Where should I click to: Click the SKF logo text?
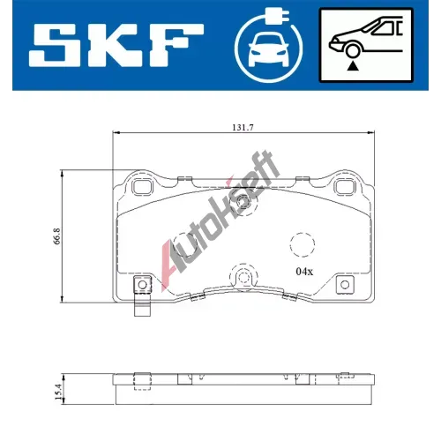(x=116, y=45)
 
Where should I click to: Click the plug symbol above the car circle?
(x=277, y=15)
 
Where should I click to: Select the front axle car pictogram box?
(x=366, y=45)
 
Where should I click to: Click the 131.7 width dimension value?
(x=243, y=128)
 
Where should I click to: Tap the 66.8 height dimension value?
(x=57, y=235)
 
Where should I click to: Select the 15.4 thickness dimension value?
(x=58, y=392)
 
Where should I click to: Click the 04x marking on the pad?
(x=304, y=272)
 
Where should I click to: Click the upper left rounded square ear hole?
(x=143, y=187)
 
